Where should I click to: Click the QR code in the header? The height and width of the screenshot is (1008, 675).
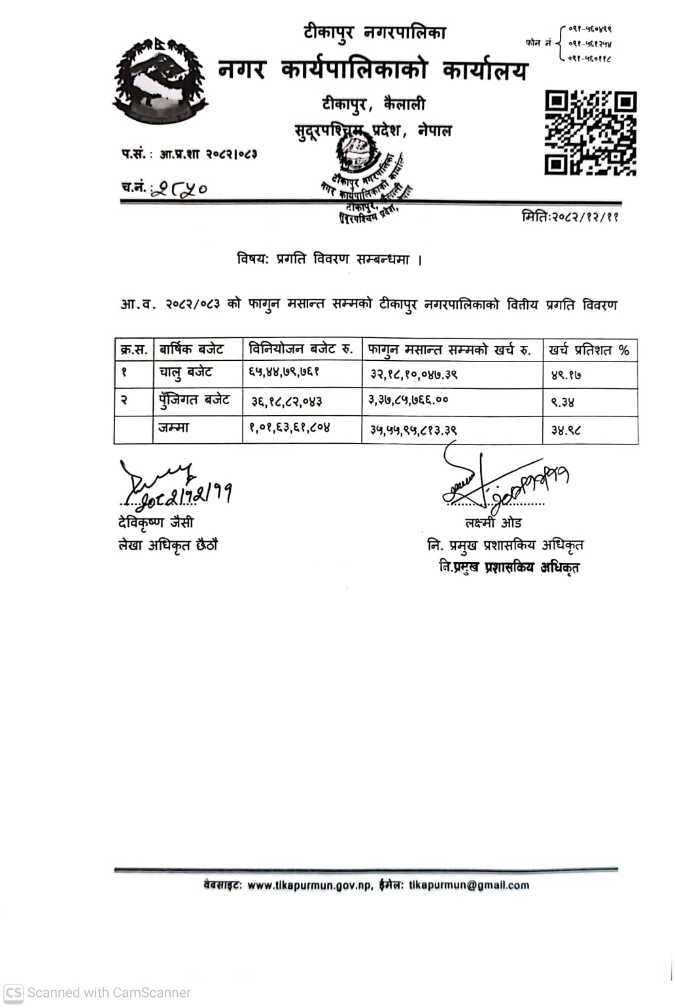[x=591, y=133]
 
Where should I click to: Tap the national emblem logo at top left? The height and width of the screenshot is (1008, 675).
[x=160, y=81]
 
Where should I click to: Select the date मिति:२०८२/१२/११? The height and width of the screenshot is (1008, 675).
[x=570, y=216]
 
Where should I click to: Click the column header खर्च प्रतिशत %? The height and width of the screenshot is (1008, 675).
[x=589, y=350]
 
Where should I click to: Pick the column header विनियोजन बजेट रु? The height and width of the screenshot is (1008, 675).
[x=301, y=349]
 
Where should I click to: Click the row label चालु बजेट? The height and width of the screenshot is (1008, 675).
[x=186, y=373]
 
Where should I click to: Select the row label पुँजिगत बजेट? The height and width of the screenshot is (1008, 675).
[x=194, y=400]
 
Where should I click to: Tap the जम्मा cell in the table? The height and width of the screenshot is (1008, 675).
[x=173, y=428]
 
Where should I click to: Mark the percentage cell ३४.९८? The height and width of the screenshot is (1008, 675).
[x=566, y=430]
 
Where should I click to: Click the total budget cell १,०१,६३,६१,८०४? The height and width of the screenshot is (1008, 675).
[x=289, y=428]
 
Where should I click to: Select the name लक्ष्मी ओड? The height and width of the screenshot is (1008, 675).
[x=493, y=523]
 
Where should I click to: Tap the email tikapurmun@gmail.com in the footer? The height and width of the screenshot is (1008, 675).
[x=468, y=885]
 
